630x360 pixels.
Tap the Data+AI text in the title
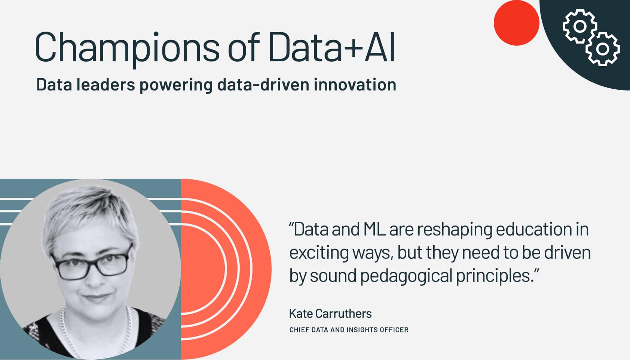[332, 47]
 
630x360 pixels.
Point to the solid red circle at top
[517, 23]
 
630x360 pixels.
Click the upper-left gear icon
[579, 27]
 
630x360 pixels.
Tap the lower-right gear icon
[602, 49]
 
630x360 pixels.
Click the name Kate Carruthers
[330, 314]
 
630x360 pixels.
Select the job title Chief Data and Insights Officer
[349, 330]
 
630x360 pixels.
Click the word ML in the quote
[374, 229]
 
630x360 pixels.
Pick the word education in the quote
[534, 229]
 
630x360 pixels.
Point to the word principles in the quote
[495, 276]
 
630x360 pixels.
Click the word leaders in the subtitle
[105, 84]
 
